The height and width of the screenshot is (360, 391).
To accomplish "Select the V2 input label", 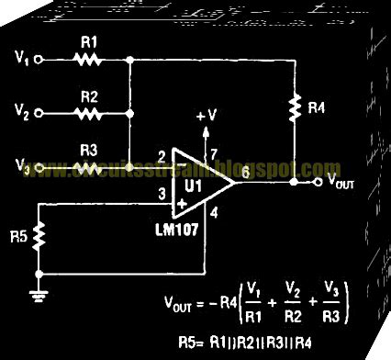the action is (24, 114).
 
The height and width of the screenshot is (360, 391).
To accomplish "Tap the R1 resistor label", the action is (89, 44).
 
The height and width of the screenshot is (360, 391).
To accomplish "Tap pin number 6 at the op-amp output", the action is (242, 172).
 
